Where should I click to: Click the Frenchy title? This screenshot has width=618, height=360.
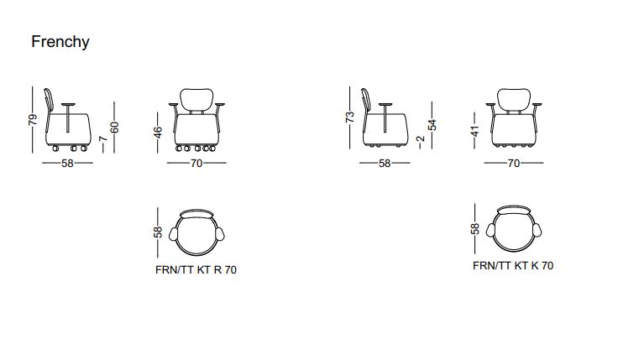60,42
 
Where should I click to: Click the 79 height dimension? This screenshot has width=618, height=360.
33,120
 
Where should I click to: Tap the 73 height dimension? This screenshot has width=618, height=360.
350,117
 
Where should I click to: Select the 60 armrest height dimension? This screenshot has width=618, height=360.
114,128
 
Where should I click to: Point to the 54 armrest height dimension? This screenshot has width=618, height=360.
432,125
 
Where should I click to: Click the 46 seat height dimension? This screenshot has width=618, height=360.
158,133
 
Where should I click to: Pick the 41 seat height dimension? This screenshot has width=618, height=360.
475,131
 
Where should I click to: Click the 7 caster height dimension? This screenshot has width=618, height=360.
103,138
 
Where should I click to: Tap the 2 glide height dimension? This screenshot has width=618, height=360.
421,139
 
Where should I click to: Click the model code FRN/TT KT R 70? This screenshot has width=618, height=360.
196,270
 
